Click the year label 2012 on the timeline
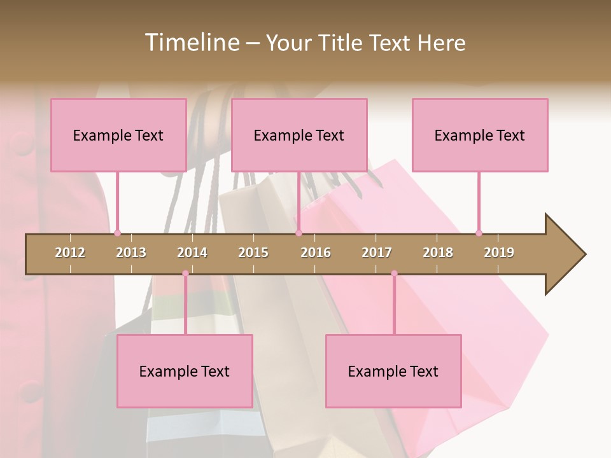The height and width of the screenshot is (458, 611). (x=70, y=253)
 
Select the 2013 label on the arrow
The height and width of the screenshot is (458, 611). (x=131, y=253)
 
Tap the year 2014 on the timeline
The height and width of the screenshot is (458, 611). (x=192, y=253)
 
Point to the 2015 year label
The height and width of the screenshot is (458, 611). (x=253, y=253)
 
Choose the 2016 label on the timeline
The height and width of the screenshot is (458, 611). (x=316, y=253)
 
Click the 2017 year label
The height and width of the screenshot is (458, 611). (x=377, y=253)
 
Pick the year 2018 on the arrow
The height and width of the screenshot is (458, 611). (x=438, y=253)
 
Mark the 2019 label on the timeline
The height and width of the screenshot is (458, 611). (x=499, y=253)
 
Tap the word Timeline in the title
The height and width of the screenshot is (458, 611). (x=192, y=43)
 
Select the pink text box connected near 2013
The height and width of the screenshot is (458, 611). (x=118, y=135)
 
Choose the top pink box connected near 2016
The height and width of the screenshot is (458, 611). (x=299, y=135)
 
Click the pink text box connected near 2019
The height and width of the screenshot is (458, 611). (x=480, y=135)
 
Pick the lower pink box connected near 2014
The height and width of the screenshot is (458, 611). (x=185, y=371)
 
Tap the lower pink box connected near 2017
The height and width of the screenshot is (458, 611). (x=393, y=371)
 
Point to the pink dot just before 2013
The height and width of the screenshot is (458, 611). (x=117, y=233)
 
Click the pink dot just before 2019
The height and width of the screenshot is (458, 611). (x=479, y=233)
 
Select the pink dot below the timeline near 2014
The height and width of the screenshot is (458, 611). (x=185, y=274)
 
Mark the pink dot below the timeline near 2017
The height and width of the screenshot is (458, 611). (x=394, y=274)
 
